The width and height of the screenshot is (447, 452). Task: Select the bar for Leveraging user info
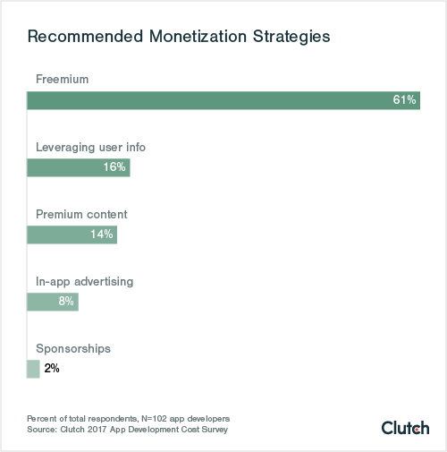click(78, 167)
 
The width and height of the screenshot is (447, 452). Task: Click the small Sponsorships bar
click(33, 369)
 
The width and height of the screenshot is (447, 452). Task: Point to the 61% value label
click(405, 100)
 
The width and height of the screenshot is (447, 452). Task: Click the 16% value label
click(114, 167)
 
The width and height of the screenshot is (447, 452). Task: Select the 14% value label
click(101, 235)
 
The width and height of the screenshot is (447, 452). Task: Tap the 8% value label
click(65, 302)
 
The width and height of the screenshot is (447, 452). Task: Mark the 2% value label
click(52, 369)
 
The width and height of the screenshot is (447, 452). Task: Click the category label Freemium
click(62, 80)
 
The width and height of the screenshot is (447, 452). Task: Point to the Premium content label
click(81, 214)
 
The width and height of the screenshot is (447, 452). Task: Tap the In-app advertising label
click(84, 281)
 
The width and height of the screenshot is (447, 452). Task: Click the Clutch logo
click(405, 427)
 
